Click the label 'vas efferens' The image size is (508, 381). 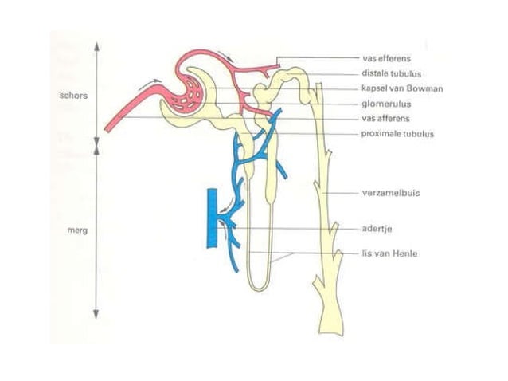tap(386, 59)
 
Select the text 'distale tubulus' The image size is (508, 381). tap(392, 73)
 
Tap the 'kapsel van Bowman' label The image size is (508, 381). tap(402, 88)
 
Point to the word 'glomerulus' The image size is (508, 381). tap(386, 104)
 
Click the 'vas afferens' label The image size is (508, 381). tap(386, 118)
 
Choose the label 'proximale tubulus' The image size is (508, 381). tap(397, 134)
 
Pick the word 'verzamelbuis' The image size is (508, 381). tap(391, 193)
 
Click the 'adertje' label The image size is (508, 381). tap(377, 229)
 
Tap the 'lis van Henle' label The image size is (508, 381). tap(389, 253)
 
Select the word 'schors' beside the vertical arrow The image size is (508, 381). tap(73, 96)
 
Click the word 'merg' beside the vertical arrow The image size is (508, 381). tap(77, 230)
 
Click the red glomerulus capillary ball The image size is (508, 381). tap(186, 95)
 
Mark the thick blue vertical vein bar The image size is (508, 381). tap(213, 218)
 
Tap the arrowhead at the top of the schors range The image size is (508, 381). tap(96, 47)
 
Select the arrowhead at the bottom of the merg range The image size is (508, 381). tap(96, 314)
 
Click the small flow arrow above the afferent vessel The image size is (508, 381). tap(153, 81)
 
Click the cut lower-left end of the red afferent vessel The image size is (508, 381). tap(107, 129)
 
